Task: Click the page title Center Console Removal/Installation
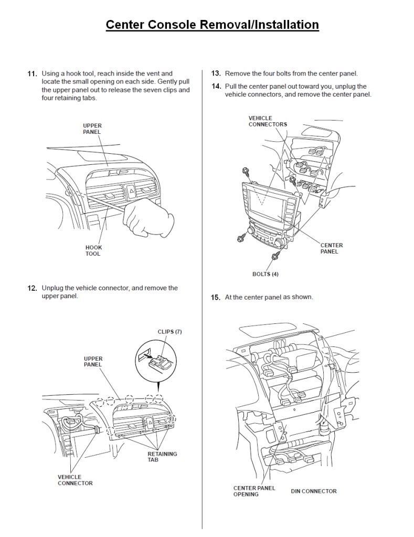[212, 25]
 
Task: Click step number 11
[32, 74]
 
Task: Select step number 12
[32, 288]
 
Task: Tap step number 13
[216, 74]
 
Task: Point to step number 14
[216, 87]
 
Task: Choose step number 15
[216, 298]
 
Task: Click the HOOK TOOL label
[93, 250]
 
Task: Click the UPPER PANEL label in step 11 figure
[92, 129]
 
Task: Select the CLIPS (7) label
[169, 332]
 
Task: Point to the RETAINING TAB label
[162, 457]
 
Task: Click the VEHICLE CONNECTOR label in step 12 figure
[75, 480]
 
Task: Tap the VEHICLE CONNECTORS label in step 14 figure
[268, 121]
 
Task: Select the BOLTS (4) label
[266, 274]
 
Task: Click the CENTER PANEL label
[332, 248]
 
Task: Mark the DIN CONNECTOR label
[314, 491]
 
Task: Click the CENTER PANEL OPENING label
[254, 491]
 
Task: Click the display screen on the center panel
[270, 202]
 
